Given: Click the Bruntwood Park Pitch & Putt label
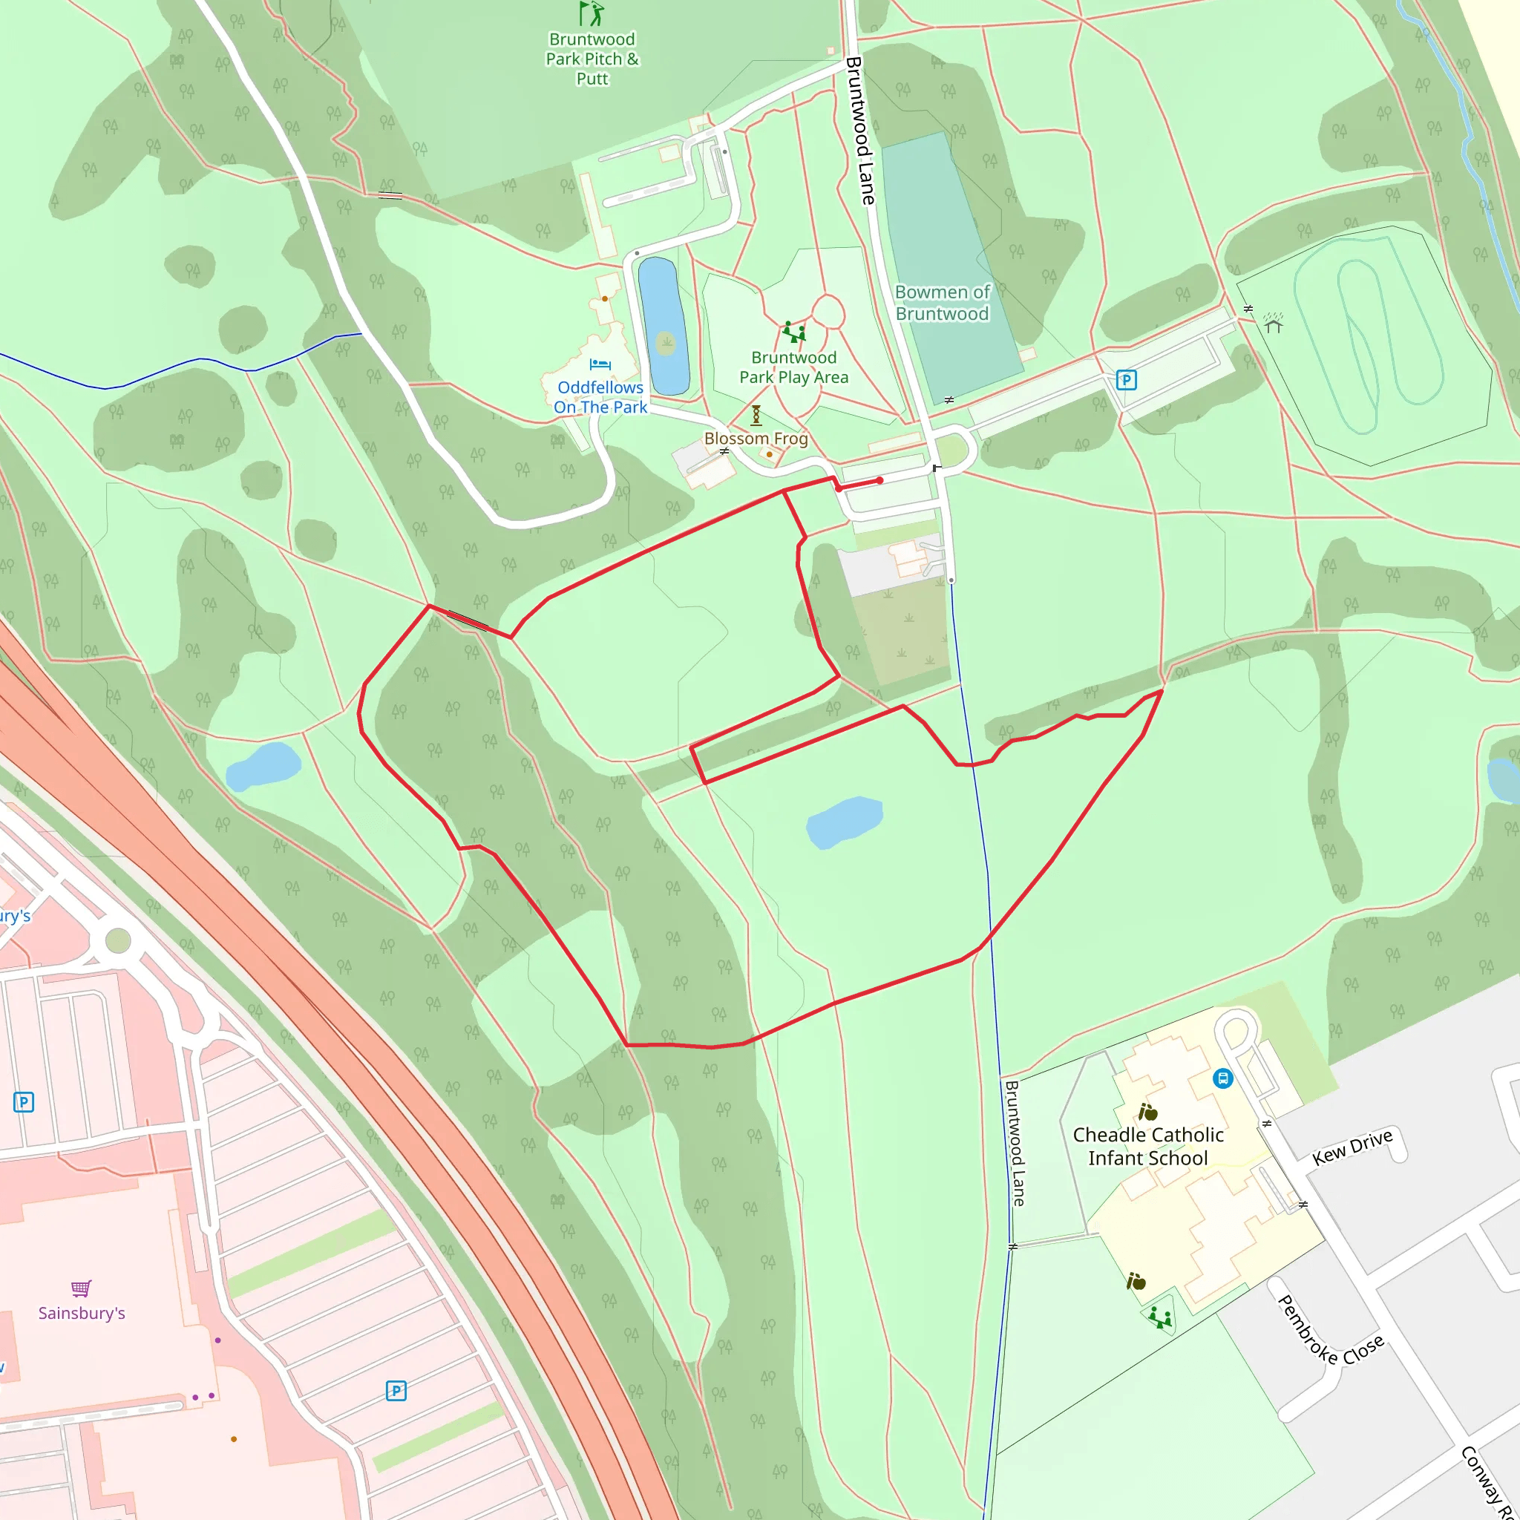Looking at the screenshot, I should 592,59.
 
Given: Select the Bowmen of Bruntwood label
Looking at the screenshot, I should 942,303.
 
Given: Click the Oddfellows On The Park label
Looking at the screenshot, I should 600,397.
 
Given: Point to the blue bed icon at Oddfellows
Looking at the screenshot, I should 600,364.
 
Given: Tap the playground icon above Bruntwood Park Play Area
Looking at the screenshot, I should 795,332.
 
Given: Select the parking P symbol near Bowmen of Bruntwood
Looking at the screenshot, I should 1127,381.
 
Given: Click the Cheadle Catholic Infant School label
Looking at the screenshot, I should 1148,1146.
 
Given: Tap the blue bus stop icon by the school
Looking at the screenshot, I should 1222,1078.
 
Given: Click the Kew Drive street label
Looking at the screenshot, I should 1352,1147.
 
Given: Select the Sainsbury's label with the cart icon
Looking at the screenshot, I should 82,1313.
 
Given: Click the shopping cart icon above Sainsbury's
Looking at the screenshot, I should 82,1288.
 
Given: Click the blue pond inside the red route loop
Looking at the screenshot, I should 843,822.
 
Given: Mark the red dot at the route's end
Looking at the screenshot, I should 879,480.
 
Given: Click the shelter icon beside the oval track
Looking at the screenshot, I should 1274,324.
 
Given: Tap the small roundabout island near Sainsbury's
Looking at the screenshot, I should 118,940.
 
